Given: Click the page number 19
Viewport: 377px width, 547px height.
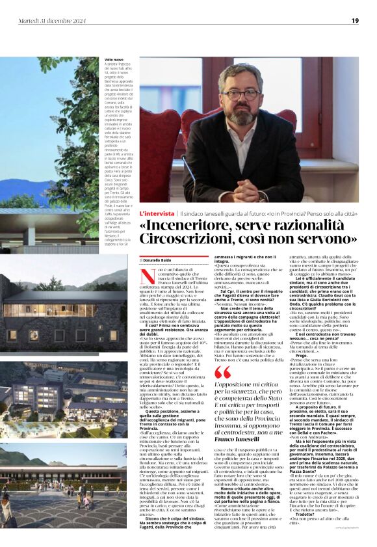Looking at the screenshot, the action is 355,20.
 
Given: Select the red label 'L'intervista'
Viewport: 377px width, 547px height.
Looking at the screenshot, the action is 156,213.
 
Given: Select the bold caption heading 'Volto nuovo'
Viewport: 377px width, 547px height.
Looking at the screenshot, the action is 114,59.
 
